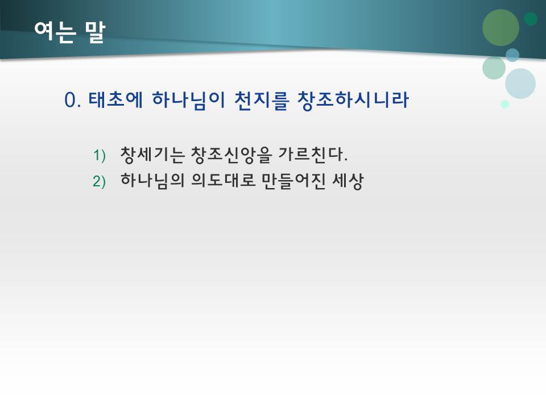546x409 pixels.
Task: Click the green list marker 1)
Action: click(100, 155)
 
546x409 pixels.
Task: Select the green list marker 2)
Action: click(100, 182)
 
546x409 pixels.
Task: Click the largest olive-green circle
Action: click(500, 28)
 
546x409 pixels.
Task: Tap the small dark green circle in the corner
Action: click(531, 19)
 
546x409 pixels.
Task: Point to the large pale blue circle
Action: click(520, 84)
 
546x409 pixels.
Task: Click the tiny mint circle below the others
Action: click(504, 104)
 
